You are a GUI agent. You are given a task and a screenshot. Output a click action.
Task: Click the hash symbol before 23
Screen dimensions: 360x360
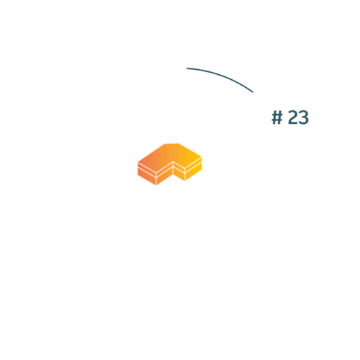pyautogui.click(x=277, y=117)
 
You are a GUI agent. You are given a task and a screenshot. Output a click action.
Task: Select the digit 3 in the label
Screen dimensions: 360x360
pyautogui.click(x=304, y=117)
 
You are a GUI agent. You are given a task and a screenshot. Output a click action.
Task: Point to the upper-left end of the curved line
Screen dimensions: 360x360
pyautogui.click(x=187, y=68)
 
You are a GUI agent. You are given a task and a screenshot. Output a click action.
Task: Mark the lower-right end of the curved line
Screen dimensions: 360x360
pyautogui.click(x=253, y=92)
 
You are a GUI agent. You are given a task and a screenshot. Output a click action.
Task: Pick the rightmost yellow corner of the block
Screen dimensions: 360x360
pyautogui.click(x=202, y=158)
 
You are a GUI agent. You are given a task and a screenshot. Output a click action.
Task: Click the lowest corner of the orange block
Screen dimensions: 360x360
pyautogui.click(x=156, y=185)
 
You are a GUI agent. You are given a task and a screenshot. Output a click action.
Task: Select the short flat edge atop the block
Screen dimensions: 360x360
pyautogui.click(x=172, y=143)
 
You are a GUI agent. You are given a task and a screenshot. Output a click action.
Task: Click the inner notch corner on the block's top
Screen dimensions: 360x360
pyautogui.click(x=173, y=161)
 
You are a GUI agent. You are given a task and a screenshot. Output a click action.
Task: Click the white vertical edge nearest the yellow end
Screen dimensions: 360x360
pyautogui.click(x=185, y=174)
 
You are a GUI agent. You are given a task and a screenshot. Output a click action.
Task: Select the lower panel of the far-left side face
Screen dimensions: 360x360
pyautogui.click(x=147, y=176)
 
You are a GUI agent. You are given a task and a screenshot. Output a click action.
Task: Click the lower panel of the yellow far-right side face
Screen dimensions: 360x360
pyautogui.click(x=194, y=171)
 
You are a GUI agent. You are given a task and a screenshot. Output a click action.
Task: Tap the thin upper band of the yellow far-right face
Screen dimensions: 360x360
pyautogui.click(x=194, y=164)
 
